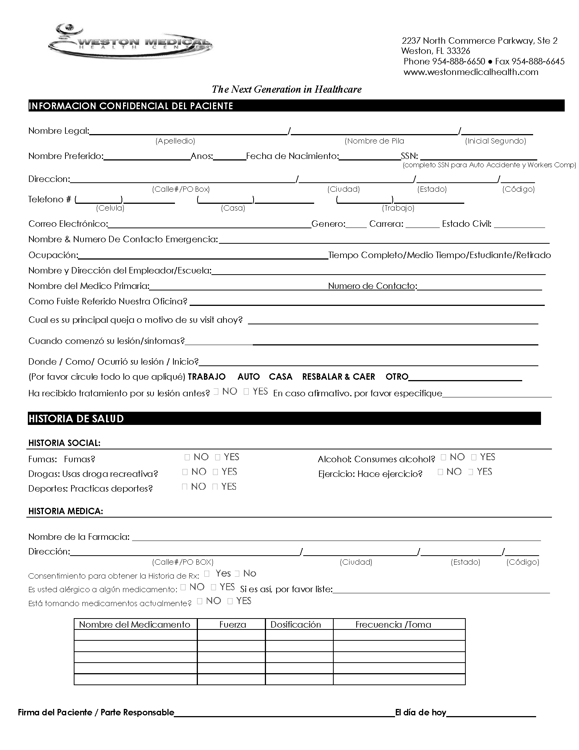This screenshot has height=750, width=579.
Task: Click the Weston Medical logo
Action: coord(130,41)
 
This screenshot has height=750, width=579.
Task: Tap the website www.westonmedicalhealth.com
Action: coord(471,72)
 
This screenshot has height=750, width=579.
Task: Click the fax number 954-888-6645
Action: coord(538,61)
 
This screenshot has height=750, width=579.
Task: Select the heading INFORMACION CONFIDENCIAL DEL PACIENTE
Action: coord(131,106)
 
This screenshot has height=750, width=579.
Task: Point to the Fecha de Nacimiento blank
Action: coord(369,157)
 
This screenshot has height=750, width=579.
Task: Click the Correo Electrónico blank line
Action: coord(209,225)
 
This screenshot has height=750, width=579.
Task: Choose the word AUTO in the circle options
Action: coord(249,377)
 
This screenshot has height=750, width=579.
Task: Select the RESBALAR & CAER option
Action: coord(338,377)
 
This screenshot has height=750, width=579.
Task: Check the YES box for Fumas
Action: coord(218,457)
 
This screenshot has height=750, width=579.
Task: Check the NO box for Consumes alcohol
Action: coord(444,457)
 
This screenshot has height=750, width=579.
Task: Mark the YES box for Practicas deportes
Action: coord(215,487)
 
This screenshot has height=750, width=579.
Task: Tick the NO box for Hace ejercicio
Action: coord(441,472)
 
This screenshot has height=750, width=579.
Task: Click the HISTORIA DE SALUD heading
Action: coord(76,419)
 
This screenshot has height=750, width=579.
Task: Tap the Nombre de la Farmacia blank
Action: coord(336,537)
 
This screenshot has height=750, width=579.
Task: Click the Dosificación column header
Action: coord(296,625)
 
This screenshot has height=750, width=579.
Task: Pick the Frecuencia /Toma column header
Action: coord(393,625)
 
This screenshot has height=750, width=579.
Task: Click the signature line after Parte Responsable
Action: coord(284,712)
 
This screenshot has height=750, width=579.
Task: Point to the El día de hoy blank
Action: coord(491,712)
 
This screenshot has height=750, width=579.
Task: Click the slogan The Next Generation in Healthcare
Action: coord(286,89)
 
